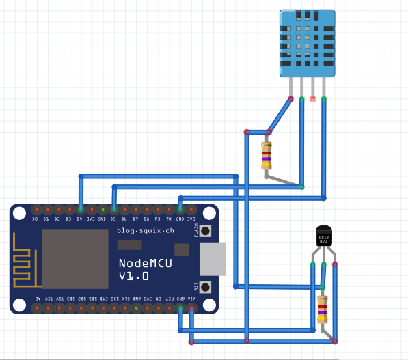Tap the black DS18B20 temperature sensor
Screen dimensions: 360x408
[323, 238]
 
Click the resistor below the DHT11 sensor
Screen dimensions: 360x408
[267, 156]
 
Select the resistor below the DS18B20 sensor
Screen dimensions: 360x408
[323, 309]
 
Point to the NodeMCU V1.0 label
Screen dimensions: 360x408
[133, 269]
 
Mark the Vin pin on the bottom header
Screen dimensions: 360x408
[191, 308]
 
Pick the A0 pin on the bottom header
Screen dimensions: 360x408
[36, 308]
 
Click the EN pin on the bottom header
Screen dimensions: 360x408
[158, 308]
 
